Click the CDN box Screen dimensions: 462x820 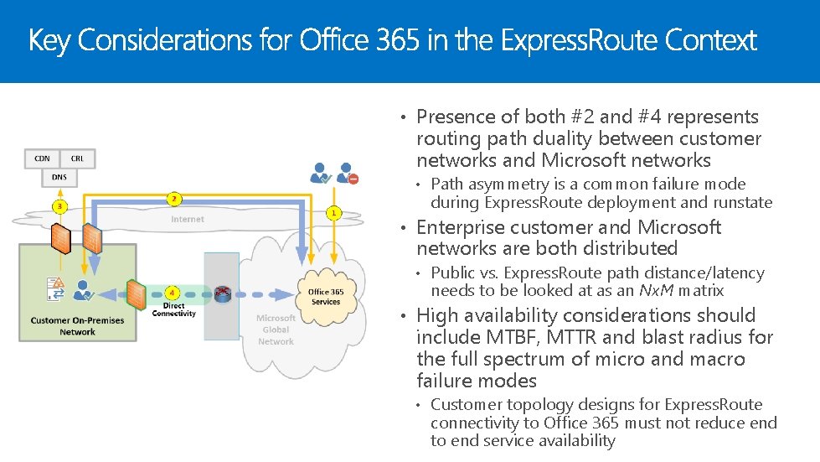pyautogui.click(x=42, y=158)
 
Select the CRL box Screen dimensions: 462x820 pyautogui.click(x=77, y=158)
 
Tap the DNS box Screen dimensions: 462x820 pyautogui.click(x=59, y=177)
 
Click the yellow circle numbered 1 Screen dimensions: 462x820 pyautogui.click(x=334, y=212)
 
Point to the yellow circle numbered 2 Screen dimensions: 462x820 pyautogui.click(x=173, y=199)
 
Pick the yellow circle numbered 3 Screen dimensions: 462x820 pyautogui.click(x=59, y=205)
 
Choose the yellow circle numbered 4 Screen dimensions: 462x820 pyautogui.click(x=172, y=293)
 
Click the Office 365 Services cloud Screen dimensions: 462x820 pyautogui.click(x=325, y=296)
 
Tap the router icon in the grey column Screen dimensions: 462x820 pyautogui.click(x=222, y=293)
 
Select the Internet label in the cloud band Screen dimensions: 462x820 pyautogui.click(x=188, y=220)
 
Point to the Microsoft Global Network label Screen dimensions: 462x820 pyautogui.click(x=276, y=330)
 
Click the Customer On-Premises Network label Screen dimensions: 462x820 pyautogui.click(x=77, y=326)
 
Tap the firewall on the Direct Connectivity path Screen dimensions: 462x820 pyautogui.click(x=136, y=293)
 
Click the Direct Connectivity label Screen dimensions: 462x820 pyautogui.click(x=173, y=309)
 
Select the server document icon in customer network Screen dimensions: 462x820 pyautogui.click(x=55, y=288)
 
